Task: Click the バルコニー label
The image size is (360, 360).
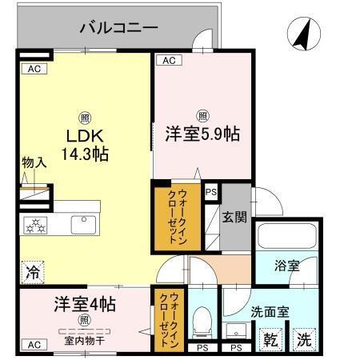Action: tap(118, 29)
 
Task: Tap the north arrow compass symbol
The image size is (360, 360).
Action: tap(303, 34)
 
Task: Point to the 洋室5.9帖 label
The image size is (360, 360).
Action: tap(203, 134)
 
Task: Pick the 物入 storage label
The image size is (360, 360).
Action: tap(33, 162)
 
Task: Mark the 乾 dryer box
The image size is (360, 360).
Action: tap(271, 340)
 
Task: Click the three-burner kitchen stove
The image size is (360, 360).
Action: tap(38, 225)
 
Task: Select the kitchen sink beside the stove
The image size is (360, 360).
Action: tap(83, 225)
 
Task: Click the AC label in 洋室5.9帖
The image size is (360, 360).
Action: tap(167, 60)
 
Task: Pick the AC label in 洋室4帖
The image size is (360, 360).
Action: tap(33, 345)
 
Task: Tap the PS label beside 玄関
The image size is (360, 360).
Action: tap(210, 192)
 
